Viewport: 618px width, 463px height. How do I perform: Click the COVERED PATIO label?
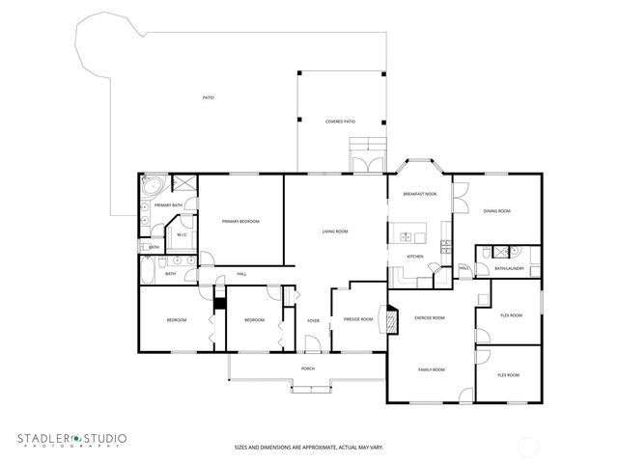coord(340,122)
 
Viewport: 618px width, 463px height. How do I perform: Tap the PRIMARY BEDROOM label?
coord(240,222)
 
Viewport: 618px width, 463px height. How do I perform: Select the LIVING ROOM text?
coord(335,231)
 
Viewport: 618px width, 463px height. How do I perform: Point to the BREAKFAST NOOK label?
coord(419,195)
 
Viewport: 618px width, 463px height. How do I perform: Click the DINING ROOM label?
coord(497,211)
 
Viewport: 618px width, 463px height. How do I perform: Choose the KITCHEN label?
coord(414,257)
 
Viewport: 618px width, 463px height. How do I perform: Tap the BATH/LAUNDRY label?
coord(509,268)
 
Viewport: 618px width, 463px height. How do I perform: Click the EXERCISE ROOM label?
coord(429,317)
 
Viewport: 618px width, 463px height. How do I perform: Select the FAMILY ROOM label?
coord(431,369)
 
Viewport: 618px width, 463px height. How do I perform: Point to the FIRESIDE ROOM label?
coord(352,319)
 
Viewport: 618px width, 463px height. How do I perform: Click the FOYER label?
coord(313,320)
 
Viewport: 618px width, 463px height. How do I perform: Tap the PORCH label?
coord(308,368)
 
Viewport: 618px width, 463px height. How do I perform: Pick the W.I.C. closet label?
coord(181,234)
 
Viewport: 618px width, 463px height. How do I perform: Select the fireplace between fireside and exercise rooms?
coord(391,317)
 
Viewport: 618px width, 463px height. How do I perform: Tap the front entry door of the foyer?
coord(311,344)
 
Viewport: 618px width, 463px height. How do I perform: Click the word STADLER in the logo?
coord(45,440)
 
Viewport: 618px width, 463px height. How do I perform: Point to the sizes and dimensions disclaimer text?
coord(308,447)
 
